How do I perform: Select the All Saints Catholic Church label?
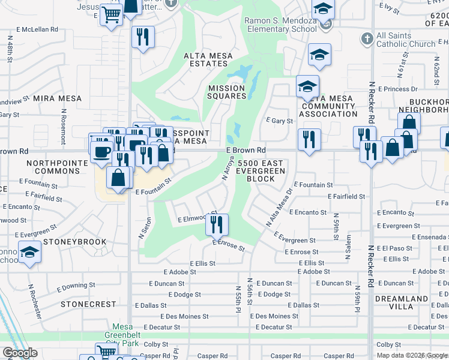[406, 40]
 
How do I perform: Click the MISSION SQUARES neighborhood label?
[227, 92]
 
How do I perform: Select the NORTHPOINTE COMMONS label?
[53, 167]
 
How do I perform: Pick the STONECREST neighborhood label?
[88, 304]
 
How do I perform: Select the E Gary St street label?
[279, 121]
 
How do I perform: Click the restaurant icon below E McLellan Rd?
[143, 37]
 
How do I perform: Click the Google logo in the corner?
[20, 353]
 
